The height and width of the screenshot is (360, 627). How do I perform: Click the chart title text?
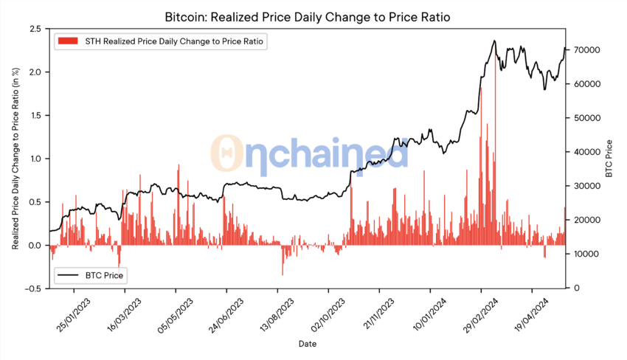click(313, 16)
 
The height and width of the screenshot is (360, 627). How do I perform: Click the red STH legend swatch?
click(66, 42)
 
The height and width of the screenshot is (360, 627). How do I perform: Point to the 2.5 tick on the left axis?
click(33, 29)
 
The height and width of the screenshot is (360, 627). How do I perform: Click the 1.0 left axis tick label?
click(33, 159)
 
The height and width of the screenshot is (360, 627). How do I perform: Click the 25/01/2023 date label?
click(74, 314)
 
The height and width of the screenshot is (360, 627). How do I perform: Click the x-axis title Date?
click(308, 345)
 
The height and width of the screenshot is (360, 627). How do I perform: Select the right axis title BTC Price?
click(609, 159)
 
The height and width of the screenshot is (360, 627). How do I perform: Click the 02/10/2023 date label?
click(328, 314)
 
